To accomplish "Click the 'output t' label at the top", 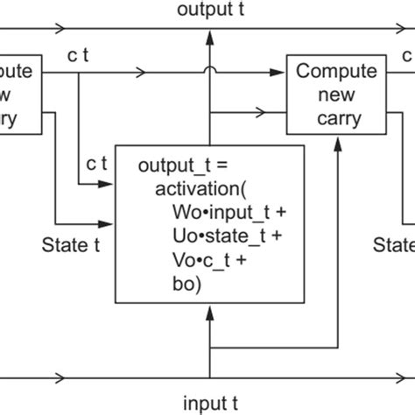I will pyautogui.click(x=207, y=11).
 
